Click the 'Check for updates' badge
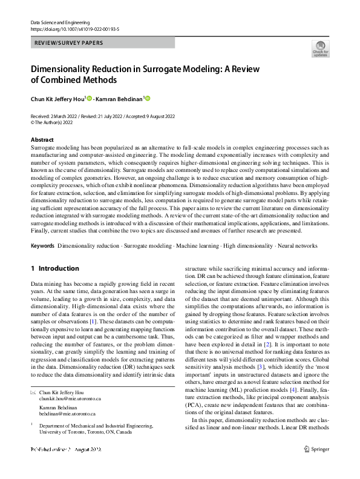click(x=319, y=48)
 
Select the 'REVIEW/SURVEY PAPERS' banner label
click(x=68, y=43)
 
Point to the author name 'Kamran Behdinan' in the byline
click(x=120, y=99)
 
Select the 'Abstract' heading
click(x=42, y=139)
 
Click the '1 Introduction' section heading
click(x=54, y=268)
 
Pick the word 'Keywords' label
click(x=42, y=246)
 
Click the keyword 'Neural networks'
click(x=296, y=246)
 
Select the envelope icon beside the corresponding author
click(x=33, y=392)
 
